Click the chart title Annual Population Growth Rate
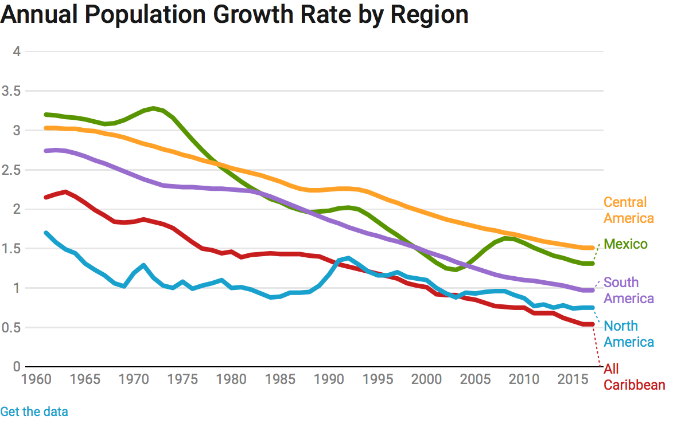234,15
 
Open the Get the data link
34,411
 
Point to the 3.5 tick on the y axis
11,91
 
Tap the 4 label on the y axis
17,52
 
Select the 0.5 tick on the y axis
11,328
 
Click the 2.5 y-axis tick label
11,170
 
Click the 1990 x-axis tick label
328,379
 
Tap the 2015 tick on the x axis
572,379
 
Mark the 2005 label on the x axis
474,379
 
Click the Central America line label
628,210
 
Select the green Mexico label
625,245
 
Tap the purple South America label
628,291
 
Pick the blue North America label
628,334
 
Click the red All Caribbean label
634,377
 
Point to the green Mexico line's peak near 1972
153,108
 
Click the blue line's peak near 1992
348,258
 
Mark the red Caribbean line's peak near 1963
65,192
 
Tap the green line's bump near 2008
504,238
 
